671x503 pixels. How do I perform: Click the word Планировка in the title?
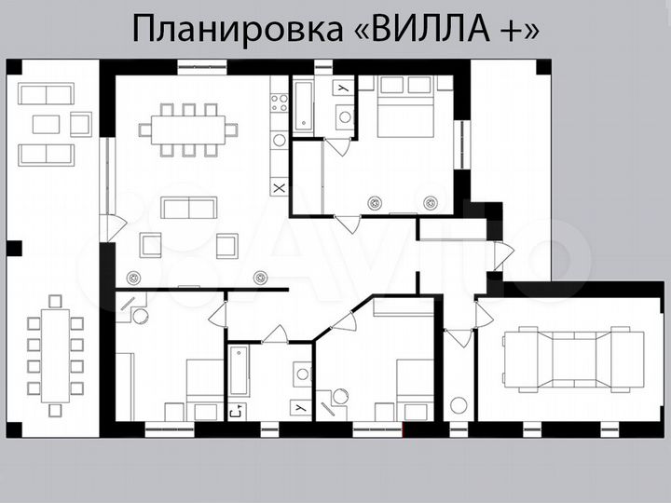[239, 29]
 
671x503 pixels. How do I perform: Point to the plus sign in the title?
[504, 30]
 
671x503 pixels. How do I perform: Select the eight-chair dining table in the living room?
[187, 129]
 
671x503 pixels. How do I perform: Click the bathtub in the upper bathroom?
[303, 104]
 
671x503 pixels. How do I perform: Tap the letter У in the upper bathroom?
[343, 87]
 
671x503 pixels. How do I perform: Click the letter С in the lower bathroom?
[234, 410]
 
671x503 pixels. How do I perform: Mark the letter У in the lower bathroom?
[300, 408]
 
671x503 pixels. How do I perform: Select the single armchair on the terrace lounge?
[81, 123]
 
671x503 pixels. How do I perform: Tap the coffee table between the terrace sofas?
[46, 124]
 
